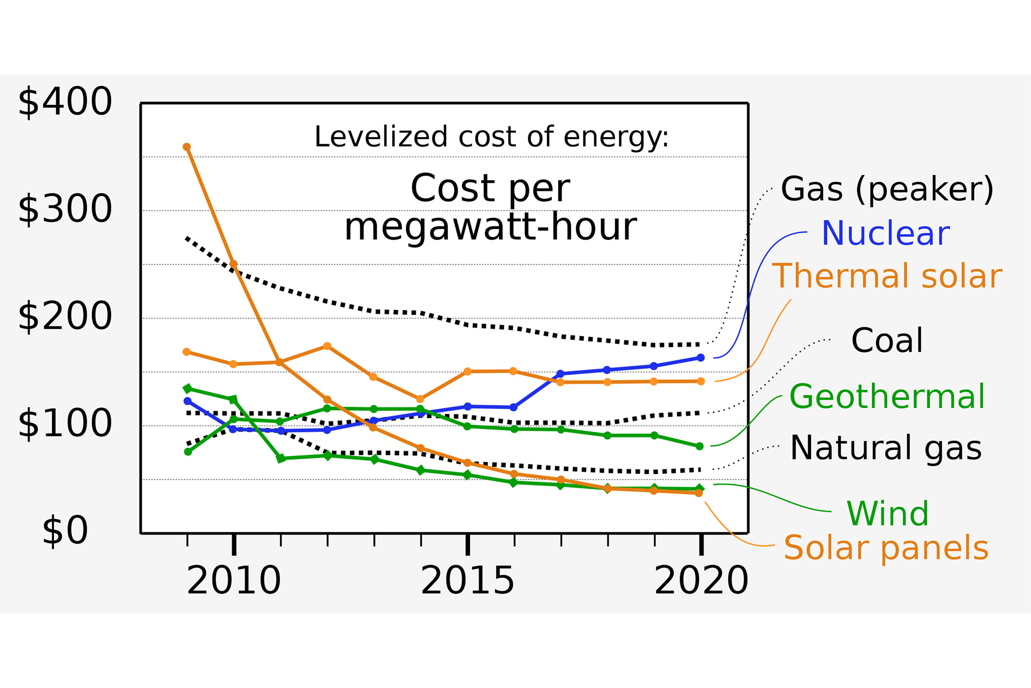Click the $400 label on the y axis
[65, 102]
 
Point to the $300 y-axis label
[65, 209]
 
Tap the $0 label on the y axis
[65, 531]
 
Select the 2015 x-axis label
[467, 581]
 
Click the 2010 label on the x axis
[233, 581]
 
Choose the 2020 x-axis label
[701, 581]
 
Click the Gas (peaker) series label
[887, 189]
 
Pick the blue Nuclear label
[885, 234]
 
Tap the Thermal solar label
[886, 276]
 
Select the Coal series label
[887, 341]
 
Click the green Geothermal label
[887, 397]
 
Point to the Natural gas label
[885, 448]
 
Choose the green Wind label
[887, 514]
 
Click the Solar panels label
[886, 548]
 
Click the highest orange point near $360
[187, 147]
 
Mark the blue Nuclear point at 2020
[700, 358]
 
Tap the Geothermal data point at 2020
[699, 446]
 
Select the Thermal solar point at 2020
[700, 381]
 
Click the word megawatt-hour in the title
[490, 227]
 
